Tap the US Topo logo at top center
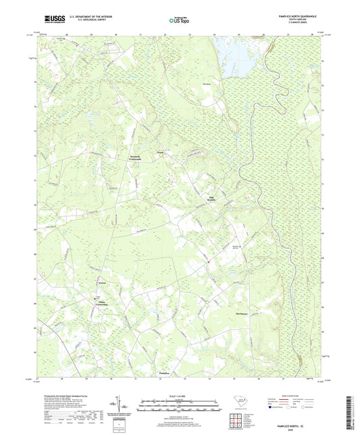[x=179, y=22]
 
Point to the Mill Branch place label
[x=211, y=199]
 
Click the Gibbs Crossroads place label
[x=99, y=304]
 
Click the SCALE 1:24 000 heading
[x=179, y=395]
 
